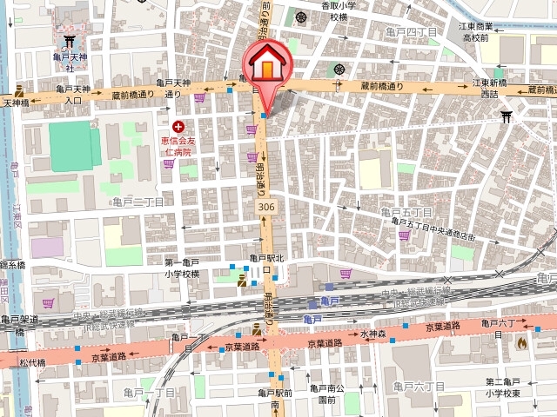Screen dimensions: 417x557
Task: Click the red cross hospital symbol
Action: coord(178,127)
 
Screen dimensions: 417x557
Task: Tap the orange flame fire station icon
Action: coord(521,342)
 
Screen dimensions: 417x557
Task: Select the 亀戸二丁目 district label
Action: coord(137,201)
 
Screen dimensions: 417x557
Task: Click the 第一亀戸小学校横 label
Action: coord(182,268)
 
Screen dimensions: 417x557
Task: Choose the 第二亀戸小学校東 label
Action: coord(502,387)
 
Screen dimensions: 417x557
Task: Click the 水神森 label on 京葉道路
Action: coord(372,333)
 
